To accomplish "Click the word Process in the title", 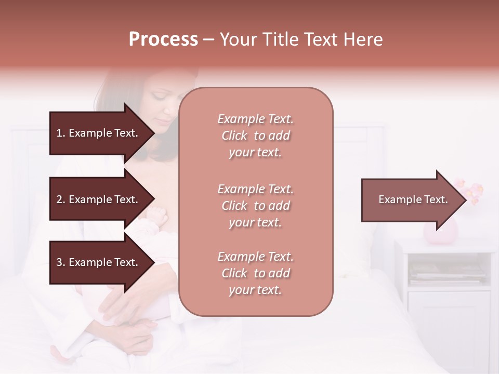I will (x=163, y=39).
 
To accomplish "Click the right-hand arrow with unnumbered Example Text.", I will (x=413, y=199).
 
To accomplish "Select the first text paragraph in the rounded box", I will (x=255, y=136).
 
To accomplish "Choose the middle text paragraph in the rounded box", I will (x=255, y=206).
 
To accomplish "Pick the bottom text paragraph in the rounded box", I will (x=255, y=273).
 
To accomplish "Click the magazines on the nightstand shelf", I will (x=447, y=273).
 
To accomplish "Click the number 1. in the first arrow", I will (x=61, y=133).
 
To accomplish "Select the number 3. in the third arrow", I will (x=61, y=262).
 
